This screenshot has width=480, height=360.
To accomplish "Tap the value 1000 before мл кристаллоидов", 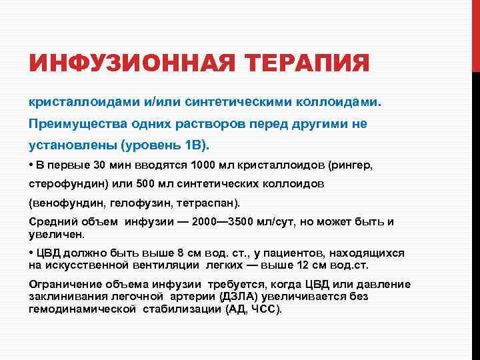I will click(x=201, y=165).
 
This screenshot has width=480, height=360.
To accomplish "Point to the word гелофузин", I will click(x=129, y=202).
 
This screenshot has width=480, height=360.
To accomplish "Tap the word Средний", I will click(x=51, y=221).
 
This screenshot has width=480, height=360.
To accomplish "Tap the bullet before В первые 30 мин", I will click(x=31, y=165).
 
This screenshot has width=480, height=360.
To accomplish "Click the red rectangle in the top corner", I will click(x=475, y=34).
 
